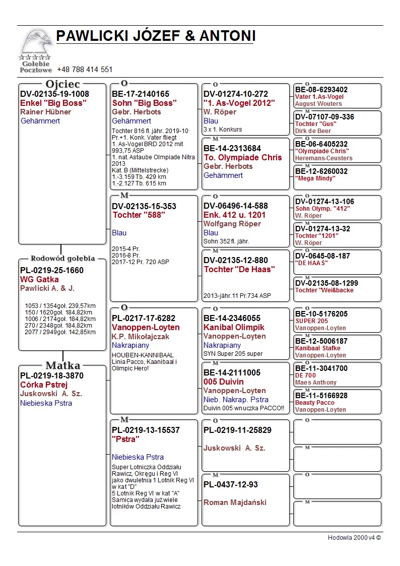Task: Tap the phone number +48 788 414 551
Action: pos(85,70)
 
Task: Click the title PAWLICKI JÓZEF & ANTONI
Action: pos(156,36)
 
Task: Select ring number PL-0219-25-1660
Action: pos(52,270)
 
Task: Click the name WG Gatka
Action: pos(39,279)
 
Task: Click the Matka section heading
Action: pos(63,365)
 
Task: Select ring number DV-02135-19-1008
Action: pos(54,94)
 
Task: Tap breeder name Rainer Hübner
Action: pos(46,112)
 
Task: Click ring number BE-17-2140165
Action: pos(141,94)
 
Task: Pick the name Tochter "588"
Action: pos(139,215)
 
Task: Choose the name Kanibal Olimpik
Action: pos(234,327)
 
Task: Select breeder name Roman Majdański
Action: pos(235,502)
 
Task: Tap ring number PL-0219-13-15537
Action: pos(146,430)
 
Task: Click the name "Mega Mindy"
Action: pos(315,178)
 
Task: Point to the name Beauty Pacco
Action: pos(315,403)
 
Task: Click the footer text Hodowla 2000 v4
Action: pos(354,538)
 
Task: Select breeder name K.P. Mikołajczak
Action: pos(141,337)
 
